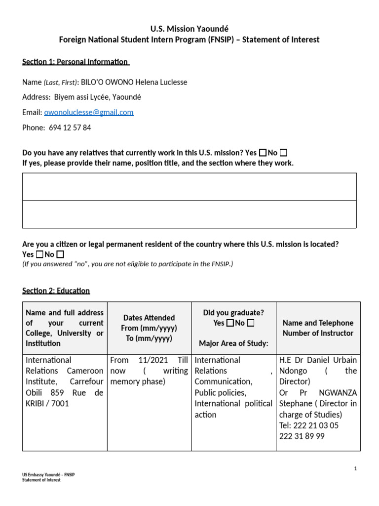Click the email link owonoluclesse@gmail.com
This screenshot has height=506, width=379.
point(89,113)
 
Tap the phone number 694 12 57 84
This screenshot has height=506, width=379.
point(70,128)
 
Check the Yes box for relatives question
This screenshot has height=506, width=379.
point(263,153)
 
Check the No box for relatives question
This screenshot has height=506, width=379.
point(283,153)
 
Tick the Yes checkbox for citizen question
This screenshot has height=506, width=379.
point(39,255)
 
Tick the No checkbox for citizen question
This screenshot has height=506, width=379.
point(60,255)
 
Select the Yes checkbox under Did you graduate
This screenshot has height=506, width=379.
point(230,323)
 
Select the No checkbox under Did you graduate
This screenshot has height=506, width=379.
point(251,323)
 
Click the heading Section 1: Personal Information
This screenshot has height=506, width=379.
point(75,62)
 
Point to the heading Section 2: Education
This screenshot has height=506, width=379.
point(56,291)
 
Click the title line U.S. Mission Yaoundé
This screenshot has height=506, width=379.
point(189,29)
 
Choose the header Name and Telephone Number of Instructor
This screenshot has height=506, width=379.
point(318,328)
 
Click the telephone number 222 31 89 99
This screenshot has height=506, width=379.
point(302,436)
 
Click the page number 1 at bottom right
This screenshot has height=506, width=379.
point(355,469)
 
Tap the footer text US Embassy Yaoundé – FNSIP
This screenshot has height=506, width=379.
point(48,475)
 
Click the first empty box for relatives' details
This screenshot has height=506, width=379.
point(189,187)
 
